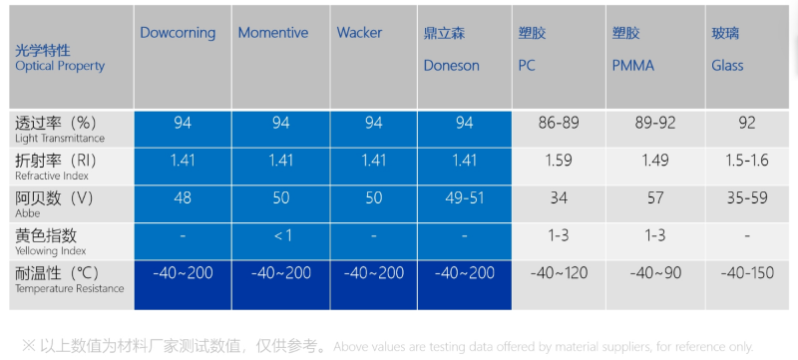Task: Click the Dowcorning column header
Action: (178, 33)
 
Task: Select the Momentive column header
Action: (273, 33)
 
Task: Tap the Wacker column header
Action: (359, 33)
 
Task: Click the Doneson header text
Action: (451, 66)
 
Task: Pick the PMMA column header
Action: (632, 66)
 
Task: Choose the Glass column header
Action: (728, 66)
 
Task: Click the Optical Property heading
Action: (60, 66)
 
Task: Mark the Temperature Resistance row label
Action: (69, 288)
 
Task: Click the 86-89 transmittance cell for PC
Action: (559, 123)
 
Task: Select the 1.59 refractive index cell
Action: (559, 160)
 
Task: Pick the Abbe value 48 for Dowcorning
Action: (183, 197)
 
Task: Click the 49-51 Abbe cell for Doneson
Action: (464, 197)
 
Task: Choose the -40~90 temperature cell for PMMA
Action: (656, 273)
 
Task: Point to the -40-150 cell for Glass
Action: (746, 273)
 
